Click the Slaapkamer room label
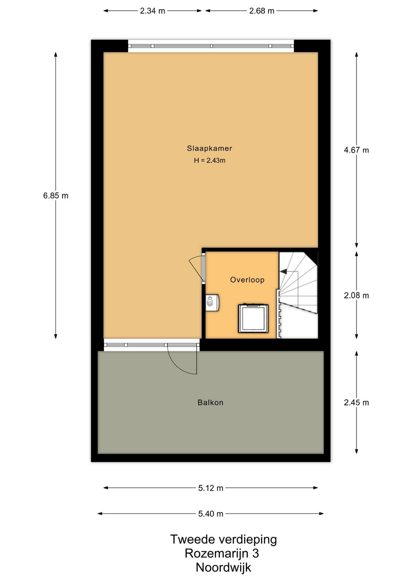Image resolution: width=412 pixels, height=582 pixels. coord(209,148)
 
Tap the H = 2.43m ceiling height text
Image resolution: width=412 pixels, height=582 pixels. coord(210,160)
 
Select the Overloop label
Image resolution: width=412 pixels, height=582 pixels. coord(247,280)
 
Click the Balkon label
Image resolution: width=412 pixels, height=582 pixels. coord(210,402)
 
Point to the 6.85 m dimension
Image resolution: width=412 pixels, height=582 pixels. coord(56,195)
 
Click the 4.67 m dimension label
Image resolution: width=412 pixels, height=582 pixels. coord(356,150)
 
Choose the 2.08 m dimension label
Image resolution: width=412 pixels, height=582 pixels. coord(356,295)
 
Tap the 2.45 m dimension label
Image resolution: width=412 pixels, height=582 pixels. coord(356,402)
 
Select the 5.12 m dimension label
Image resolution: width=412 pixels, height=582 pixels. coord(210,488)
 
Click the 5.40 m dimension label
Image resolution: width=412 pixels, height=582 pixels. coord(210,514)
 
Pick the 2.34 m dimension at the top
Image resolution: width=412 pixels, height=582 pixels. coord(152,11)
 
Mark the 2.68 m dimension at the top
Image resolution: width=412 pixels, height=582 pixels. coord(261,11)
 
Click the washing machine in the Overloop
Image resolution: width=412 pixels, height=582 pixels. coord(253,318)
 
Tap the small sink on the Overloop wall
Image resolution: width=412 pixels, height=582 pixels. coord(212,302)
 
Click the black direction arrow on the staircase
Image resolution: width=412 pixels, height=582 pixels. coord(284,271)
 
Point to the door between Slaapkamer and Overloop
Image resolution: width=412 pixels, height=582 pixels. coord(203,269)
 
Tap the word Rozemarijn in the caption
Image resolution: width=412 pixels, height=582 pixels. coord(216,553)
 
